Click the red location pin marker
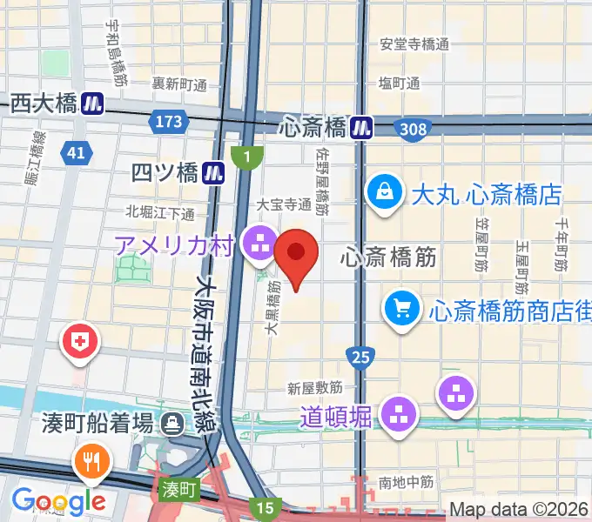pos(296,253)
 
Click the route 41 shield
pos(76,154)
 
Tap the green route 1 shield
pos(247,157)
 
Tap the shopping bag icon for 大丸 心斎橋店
pos(383,192)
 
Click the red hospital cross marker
pos(80,341)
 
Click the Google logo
pos(58,501)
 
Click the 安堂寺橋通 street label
pos(414,43)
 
